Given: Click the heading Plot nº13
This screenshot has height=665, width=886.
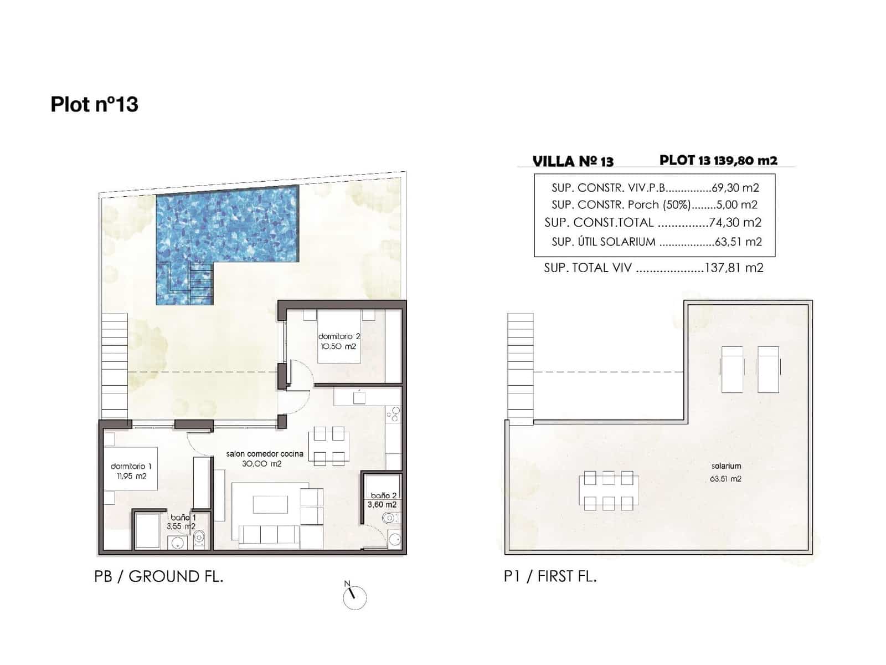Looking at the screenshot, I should point(94,104).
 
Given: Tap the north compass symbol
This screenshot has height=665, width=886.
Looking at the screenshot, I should point(354,597).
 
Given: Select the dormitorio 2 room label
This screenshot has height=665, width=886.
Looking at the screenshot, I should point(339,336).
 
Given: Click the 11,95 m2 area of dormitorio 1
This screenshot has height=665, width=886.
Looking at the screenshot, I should point(132,476).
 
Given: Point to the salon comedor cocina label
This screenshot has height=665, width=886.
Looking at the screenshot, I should point(265,454).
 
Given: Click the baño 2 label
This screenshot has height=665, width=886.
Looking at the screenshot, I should point(383,495).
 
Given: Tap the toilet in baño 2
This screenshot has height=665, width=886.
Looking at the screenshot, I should point(390,519).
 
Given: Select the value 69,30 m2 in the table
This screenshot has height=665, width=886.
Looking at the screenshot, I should point(735,188).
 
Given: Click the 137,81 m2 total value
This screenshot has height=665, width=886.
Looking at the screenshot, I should point(734,268).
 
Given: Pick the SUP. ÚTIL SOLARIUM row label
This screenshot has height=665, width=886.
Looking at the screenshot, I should point(603,242).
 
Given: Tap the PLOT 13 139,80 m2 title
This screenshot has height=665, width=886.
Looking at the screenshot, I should point(718,160).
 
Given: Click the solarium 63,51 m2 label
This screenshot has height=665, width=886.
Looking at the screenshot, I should point(725,472).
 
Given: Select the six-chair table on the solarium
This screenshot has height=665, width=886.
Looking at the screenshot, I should point(608,490).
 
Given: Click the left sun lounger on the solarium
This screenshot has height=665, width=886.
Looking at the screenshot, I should point(732,369).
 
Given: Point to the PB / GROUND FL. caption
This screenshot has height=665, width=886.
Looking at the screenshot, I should point(159,576).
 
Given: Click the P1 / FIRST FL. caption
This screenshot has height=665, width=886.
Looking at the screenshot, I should point(550,576).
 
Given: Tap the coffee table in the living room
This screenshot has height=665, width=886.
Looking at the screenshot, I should point(270,504).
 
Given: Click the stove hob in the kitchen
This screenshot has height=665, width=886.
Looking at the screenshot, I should point(393,414).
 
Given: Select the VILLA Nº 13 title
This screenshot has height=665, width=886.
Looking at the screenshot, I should point(573,161).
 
